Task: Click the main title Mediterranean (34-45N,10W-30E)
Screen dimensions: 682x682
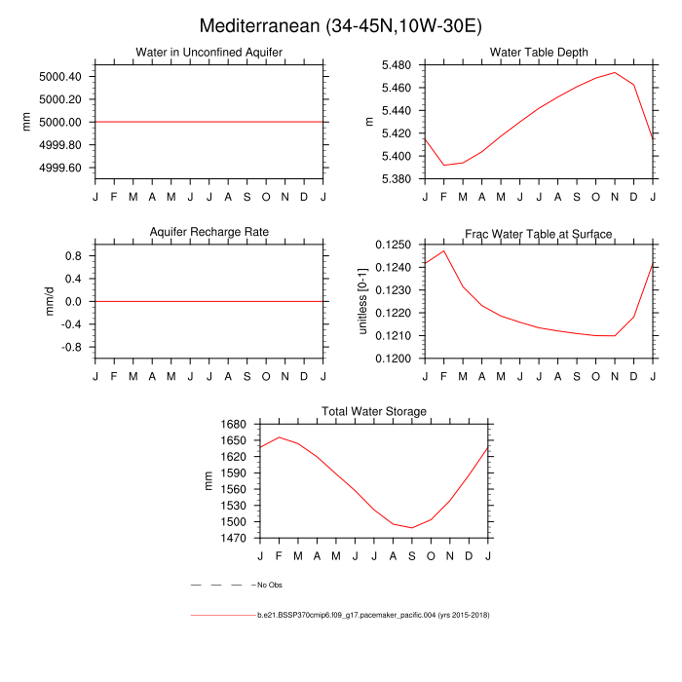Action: [340, 25]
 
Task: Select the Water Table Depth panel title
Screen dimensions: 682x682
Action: [539, 53]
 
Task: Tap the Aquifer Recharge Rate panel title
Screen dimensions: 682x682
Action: [209, 232]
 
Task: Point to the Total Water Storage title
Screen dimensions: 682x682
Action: [374, 412]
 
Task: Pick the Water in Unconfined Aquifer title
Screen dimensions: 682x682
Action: [209, 53]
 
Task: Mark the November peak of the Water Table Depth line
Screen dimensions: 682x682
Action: [615, 72]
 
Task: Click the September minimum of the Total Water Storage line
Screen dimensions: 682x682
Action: [412, 528]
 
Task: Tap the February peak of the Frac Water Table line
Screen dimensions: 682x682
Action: [444, 250]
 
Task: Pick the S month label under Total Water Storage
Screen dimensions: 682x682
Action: [412, 555]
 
